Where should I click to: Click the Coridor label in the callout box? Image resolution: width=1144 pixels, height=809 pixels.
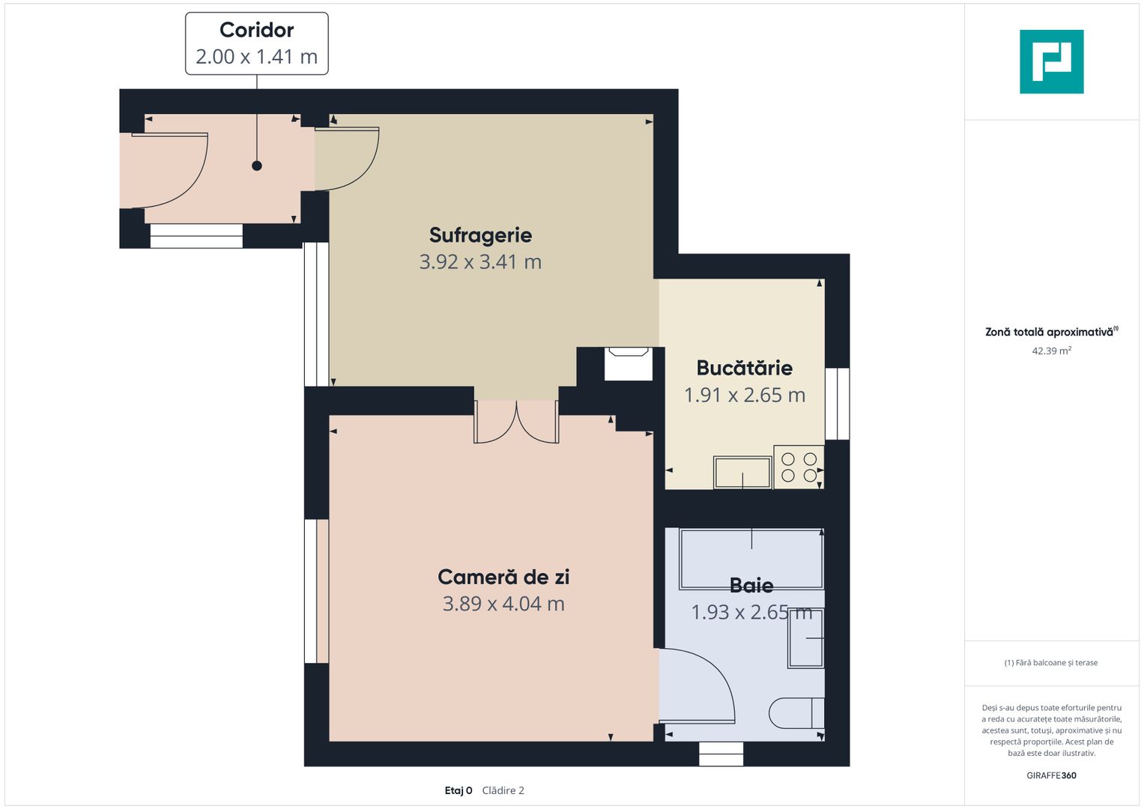pyautogui.click(x=256, y=30)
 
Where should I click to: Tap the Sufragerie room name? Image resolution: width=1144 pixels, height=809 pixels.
pyautogui.click(x=480, y=235)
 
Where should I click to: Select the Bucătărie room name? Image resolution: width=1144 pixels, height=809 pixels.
pyautogui.click(x=745, y=368)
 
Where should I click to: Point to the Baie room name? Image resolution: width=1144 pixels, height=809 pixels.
pyautogui.click(x=751, y=585)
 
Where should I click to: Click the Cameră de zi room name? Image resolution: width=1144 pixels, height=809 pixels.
pyautogui.click(x=503, y=577)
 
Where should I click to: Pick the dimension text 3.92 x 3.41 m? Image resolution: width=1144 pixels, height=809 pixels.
pyautogui.click(x=480, y=262)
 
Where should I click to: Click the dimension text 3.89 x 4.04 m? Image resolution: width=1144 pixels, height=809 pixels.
pyautogui.click(x=503, y=604)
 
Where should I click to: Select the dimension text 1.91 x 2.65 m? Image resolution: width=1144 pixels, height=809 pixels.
pyautogui.click(x=745, y=395)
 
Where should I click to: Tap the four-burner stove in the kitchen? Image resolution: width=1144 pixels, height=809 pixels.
pyautogui.click(x=799, y=467)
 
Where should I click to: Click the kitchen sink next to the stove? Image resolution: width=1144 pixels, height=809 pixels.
pyautogui.click(x=742, y=473)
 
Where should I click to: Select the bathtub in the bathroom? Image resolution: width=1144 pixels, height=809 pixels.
pyautogui.click(x=751, y=559)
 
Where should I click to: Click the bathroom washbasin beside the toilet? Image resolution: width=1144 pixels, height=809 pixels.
pyautogui.click(x=806, y=638)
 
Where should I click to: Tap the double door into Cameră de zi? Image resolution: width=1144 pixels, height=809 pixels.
pyautogui.click(x=516, y=422)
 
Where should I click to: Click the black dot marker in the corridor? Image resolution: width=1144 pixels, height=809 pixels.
pyautogui.click(x=257, y=166)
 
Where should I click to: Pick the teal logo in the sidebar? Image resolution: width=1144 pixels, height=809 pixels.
pyautogui.click(x=1052, y=61)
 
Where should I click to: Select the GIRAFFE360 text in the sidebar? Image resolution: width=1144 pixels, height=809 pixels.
pyautogui.click(x=1052, y=775)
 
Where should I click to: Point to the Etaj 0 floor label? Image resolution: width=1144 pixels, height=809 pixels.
pyautogui.click(x=458, y=790)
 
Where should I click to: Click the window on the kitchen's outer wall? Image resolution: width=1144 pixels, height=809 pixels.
pyautogui.click(x=838, y=404)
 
